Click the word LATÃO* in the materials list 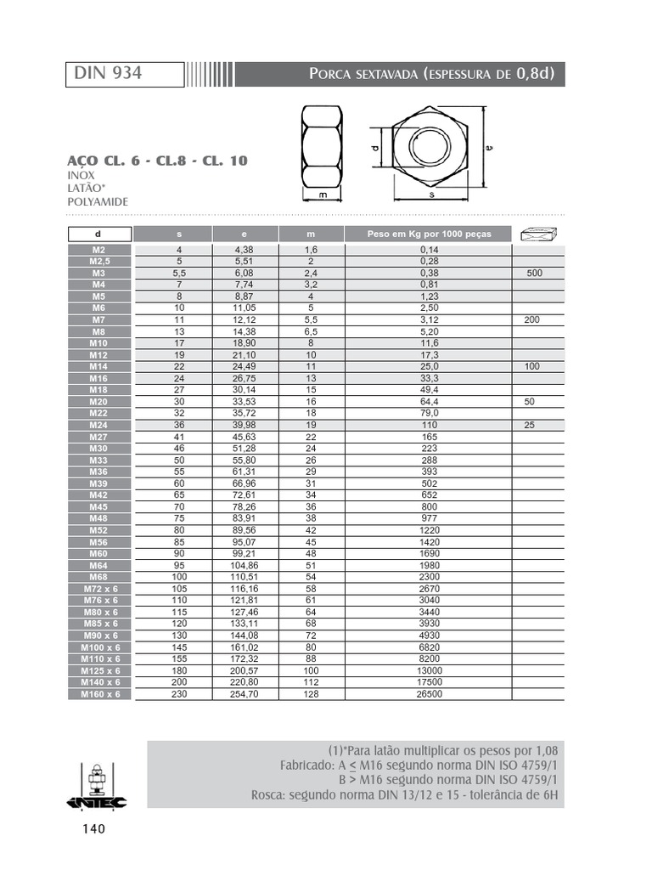coord(87,188)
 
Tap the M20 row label coord(99,401)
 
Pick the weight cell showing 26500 coord(429,694)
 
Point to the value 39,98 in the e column coord(244,425)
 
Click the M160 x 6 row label coord(100,694)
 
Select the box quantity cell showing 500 coord(534,274)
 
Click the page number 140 coord(93,828)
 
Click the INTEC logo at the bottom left coord(97,789)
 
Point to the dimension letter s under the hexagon coord(432,195)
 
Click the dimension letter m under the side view coord(323,195)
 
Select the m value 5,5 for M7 coord(311,319)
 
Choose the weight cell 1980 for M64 coord(429,565)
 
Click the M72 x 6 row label coord(100,589)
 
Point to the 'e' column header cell coord(244,234)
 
